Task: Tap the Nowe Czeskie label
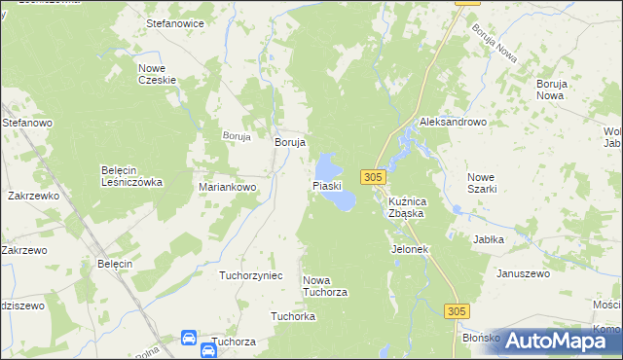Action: pos(155,74)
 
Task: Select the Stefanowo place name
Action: pos(26,124)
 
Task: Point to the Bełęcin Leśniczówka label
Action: pos(131,175)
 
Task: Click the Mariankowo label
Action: pos(227,187)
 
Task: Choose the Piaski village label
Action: pos(326,185)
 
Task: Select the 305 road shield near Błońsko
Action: pos(458,310)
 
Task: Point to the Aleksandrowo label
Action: pos(453,123)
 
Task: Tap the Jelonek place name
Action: pos(410,249)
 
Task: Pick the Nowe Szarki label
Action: pos(482,183)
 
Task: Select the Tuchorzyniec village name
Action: pos(251,275)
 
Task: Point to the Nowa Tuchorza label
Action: pos(325,286)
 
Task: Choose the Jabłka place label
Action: pos(488,238)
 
